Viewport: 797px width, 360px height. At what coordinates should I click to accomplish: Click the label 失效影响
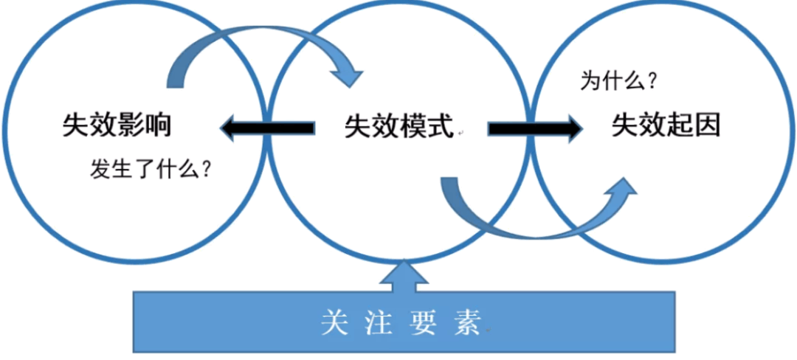pyautogui.click(x=117, y=126)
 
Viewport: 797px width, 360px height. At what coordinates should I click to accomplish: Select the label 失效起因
pyautogui.click(x=666, y=126)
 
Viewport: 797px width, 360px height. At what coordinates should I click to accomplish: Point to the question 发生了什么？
pyautogui.click(x=152, y=170)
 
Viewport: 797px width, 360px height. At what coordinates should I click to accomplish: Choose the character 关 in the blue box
pyautogui.click(x=334, y=323)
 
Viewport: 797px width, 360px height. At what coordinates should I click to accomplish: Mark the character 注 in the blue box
pyautogui.click(x=379, y=323)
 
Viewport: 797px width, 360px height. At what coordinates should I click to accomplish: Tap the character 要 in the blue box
pyautogui.click(x=424, y=323)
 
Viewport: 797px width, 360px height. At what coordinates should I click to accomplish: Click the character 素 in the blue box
pyautogui.click(x=468, y=323)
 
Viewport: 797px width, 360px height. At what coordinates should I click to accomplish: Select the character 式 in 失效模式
pyautogui.click(x=440, y=128)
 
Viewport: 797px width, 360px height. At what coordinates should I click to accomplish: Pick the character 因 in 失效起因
pyautogui.click(x=707, y=126)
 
